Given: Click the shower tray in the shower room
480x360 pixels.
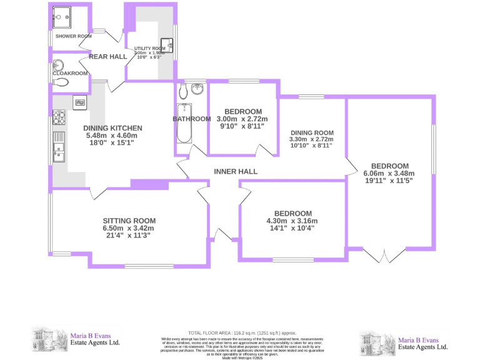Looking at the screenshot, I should [x=62, y=19].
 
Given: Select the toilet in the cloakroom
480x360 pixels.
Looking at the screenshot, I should [x=58, y=64].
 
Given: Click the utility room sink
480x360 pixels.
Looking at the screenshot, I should [x=166, y=45].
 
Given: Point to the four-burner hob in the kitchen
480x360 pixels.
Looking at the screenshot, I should [x=60, y=116].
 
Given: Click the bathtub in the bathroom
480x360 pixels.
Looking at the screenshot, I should [x=183, y=129].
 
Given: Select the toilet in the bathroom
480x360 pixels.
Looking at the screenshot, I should [x=182, y=92].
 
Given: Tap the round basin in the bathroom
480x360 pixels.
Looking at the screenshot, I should [x=199, y=89].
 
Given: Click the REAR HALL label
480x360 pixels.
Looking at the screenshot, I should [x=107, y=57].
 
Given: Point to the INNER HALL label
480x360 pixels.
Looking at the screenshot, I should [x=236, y=171].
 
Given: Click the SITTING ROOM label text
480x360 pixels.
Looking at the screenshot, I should [x=129, y=221].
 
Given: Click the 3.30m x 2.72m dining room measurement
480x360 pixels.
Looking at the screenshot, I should [x=312, y=139].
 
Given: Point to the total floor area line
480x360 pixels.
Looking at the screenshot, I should [x=242, y=333].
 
